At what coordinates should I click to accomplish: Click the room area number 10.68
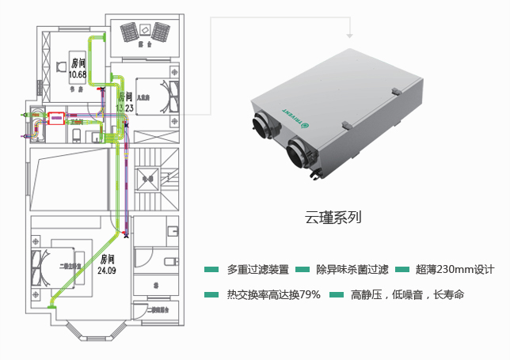tap(78, 74)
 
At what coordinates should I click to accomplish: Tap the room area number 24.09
tap(107, 271)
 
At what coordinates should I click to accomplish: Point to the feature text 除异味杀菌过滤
tap(352, 270)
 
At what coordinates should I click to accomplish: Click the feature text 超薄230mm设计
tap(455, 270)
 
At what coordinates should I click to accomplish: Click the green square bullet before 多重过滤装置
tap(211, 270)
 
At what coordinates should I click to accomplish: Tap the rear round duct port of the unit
tap(260, 126)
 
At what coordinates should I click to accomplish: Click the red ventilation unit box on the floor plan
tap(57, 118)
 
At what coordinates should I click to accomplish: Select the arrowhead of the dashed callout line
tap(348, 35)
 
